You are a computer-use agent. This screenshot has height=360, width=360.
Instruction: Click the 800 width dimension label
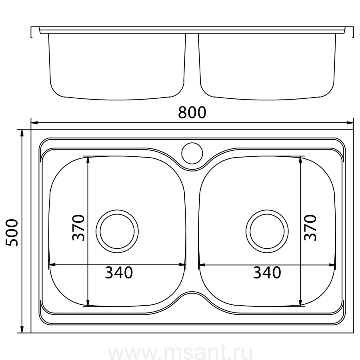pos(192,112)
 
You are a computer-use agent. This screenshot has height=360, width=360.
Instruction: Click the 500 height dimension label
pos(12,233)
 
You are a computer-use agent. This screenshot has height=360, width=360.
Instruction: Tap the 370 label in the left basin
pos(78,228)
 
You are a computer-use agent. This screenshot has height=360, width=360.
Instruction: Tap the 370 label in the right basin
pos(310,228)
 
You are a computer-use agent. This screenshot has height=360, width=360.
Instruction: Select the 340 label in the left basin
pos(119,272)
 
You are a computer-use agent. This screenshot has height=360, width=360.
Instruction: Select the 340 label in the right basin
pos(267,272)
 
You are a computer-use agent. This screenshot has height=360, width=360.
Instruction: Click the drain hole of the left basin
pos(117,231)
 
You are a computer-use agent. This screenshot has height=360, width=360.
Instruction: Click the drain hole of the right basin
pos(267,231)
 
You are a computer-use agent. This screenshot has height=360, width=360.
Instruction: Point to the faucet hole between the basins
pos(192,153)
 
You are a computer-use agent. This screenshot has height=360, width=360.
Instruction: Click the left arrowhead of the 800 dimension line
pos(34,123)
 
